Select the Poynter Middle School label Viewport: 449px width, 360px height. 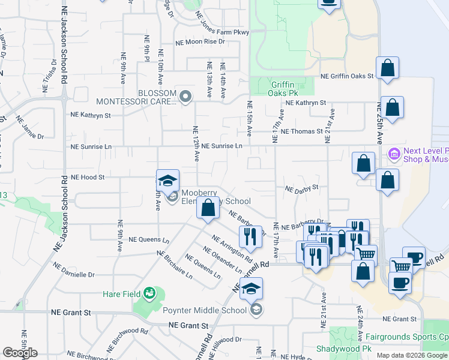205,310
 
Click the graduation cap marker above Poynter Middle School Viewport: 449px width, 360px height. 252,289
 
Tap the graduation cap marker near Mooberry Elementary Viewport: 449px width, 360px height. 167,181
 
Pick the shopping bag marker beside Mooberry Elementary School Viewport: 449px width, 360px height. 208,209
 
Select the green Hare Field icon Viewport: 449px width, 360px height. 149,293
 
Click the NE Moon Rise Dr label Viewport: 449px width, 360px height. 200,42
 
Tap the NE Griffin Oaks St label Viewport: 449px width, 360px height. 347,76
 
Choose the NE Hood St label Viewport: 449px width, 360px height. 88,178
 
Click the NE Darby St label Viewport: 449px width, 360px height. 301,188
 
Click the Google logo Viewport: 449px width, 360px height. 20,352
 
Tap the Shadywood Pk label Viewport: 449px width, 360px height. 345,349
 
